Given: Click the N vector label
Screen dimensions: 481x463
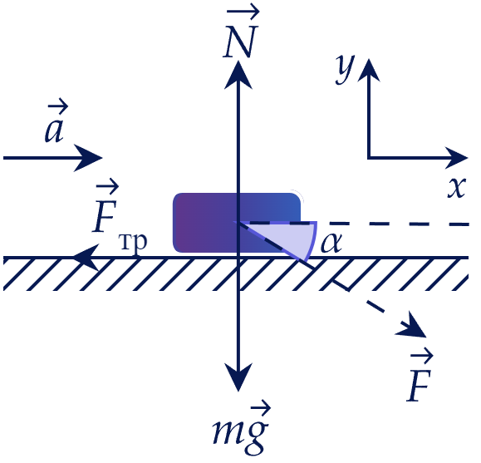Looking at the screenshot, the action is click(241, 33).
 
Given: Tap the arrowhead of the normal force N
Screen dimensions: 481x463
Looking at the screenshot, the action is click(238, 75).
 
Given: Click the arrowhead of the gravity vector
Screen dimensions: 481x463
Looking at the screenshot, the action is click(238, 377).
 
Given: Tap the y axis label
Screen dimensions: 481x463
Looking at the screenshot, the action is click(344, 69).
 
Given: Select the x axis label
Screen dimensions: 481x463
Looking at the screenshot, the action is click(457, 187).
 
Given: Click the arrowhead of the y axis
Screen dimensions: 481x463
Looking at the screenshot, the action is click(369, 70).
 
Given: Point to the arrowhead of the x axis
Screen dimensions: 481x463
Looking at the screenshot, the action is click(456, 158).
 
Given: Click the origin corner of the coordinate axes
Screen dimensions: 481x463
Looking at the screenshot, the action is click(369, 158).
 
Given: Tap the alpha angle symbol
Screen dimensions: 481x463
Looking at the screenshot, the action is click(331, 243).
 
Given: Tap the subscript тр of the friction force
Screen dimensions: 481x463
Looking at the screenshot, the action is click(133, 243).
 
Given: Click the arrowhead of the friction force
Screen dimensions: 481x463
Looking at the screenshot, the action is click(86, 258).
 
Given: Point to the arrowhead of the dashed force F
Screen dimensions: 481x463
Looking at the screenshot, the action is click(412, 327).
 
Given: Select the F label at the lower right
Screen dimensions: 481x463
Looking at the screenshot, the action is click(420, 377).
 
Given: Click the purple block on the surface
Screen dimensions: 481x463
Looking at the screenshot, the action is click(237, 223).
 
